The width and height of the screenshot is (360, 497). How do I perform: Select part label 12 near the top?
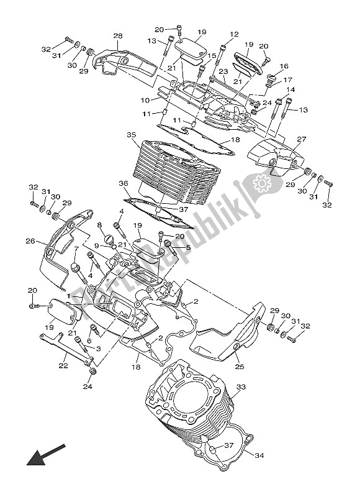(x=234, y=34)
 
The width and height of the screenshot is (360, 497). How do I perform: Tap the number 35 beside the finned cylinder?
(x=130, y=135)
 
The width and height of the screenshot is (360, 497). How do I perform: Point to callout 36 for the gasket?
(x=124, y=183)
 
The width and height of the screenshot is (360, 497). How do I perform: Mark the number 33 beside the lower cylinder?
(x=241, y=387)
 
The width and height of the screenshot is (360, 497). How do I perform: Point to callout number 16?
(x=284, y=66)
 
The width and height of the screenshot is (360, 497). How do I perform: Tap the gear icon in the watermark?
(x=259, y=184)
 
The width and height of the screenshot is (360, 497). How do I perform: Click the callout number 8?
(x=99, y=226)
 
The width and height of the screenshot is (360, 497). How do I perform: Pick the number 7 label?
(x=76, y=250)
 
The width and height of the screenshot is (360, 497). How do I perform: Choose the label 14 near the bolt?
(x=290, y=91)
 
